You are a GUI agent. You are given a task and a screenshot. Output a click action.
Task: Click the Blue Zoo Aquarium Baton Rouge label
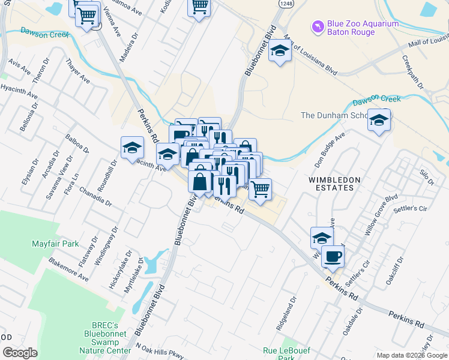362,28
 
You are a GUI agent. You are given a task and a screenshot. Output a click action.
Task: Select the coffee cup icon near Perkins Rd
333,257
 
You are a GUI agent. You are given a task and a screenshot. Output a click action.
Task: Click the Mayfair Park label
55,244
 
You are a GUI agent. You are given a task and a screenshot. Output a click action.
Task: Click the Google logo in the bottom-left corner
20,352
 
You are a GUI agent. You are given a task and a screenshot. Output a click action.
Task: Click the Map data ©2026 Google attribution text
411,355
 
